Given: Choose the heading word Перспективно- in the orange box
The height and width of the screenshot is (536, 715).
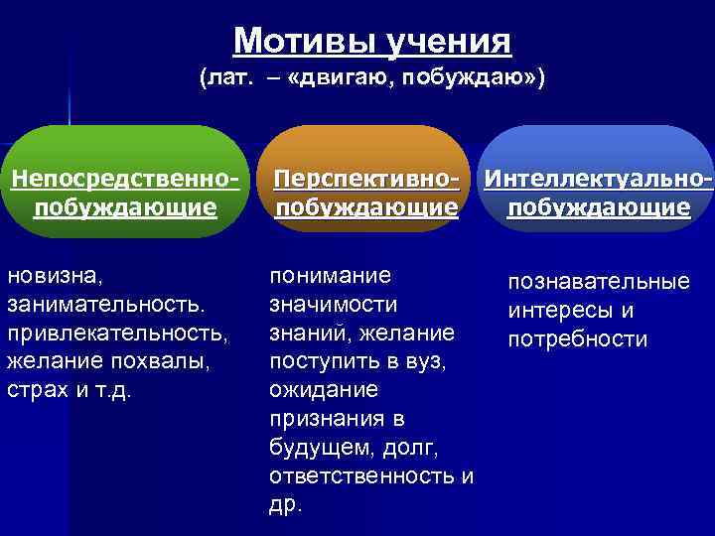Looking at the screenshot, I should pyautogui.click(x=366, y=180).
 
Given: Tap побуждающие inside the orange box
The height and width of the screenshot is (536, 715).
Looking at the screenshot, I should pyautogui.click(x=366, y=207).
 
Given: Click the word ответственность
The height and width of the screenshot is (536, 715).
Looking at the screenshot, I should pyautogui.click(x=363, y=475).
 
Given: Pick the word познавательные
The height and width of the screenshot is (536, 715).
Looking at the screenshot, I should pyautogui.click(x=598, y=283).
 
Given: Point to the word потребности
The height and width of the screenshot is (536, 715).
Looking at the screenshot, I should pyautogui.click(x=577, y=339).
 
